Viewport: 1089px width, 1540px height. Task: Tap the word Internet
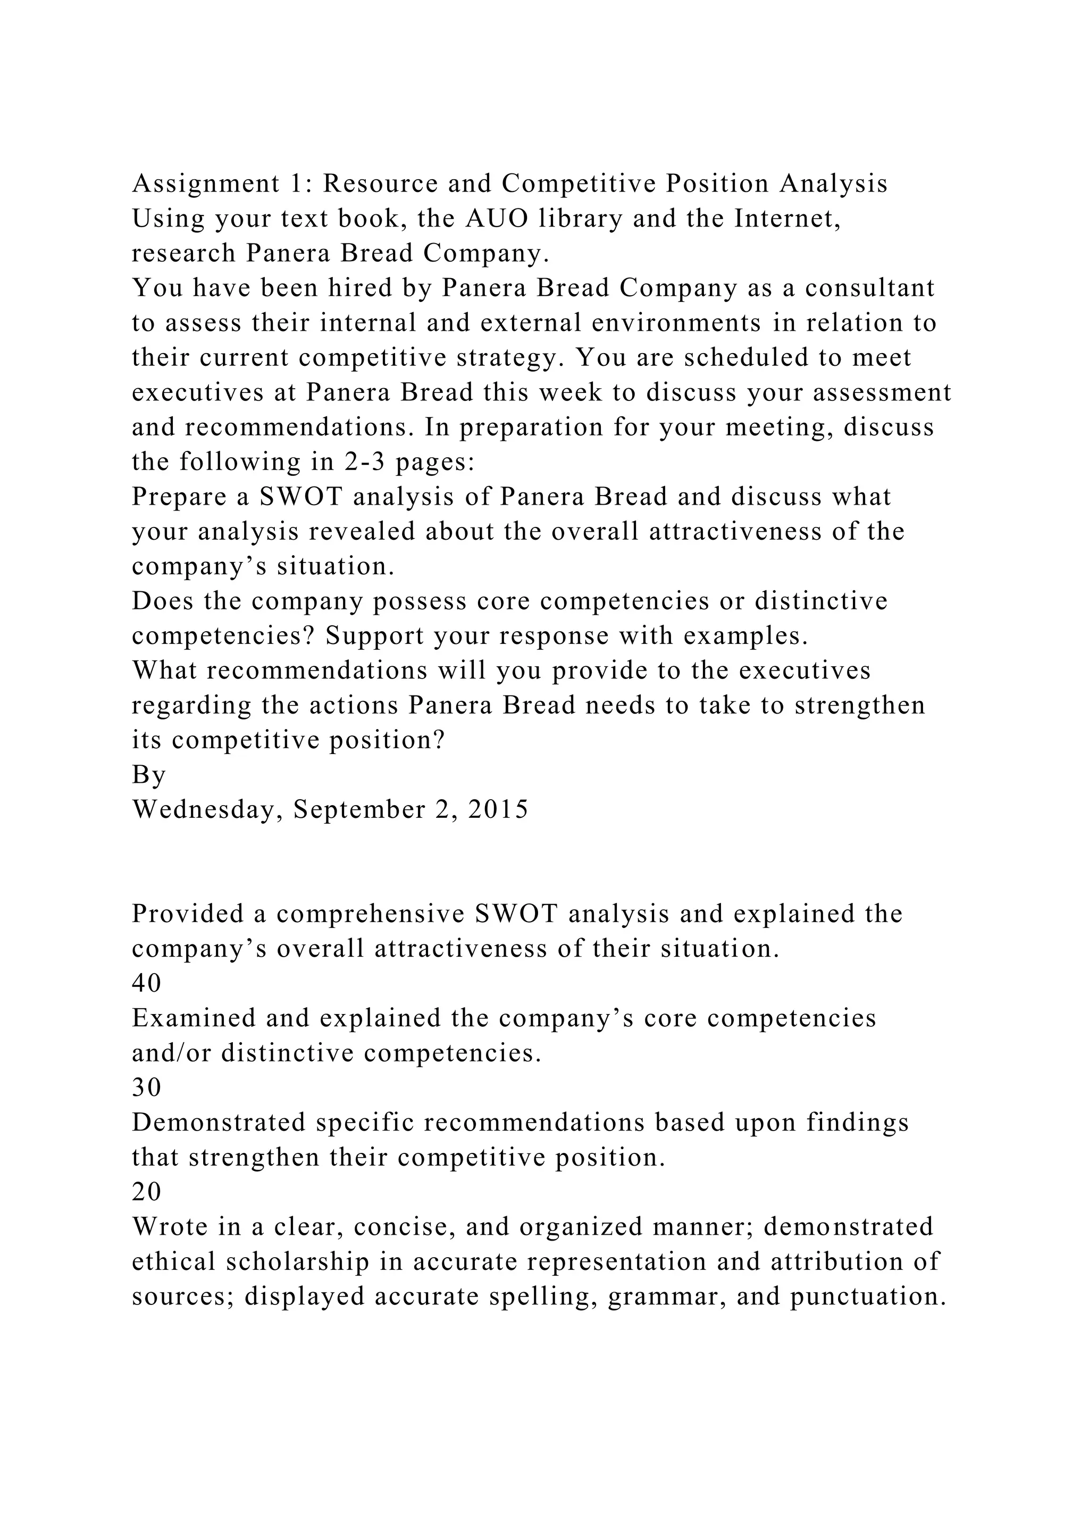[788, 219]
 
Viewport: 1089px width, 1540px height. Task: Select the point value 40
[147, 983]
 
